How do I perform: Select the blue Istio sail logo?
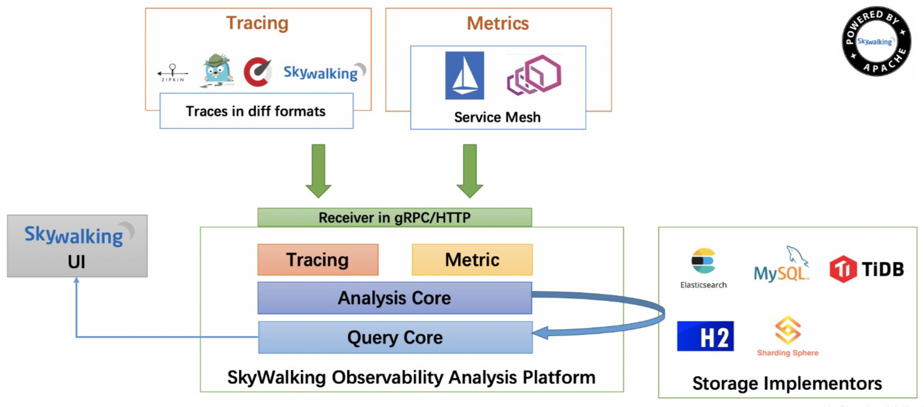464,75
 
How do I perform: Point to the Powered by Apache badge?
876,41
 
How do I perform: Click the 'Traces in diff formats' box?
256,111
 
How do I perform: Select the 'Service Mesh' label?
497,117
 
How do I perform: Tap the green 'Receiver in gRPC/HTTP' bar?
394,217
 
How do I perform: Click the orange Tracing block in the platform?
317,259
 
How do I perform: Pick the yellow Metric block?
472,259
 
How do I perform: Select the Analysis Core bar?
394,298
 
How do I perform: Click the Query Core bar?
395,337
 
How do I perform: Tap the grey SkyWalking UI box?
77,246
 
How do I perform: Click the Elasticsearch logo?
703,267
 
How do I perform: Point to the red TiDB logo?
866,269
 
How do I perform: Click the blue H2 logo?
705,336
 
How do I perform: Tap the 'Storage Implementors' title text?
787,383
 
